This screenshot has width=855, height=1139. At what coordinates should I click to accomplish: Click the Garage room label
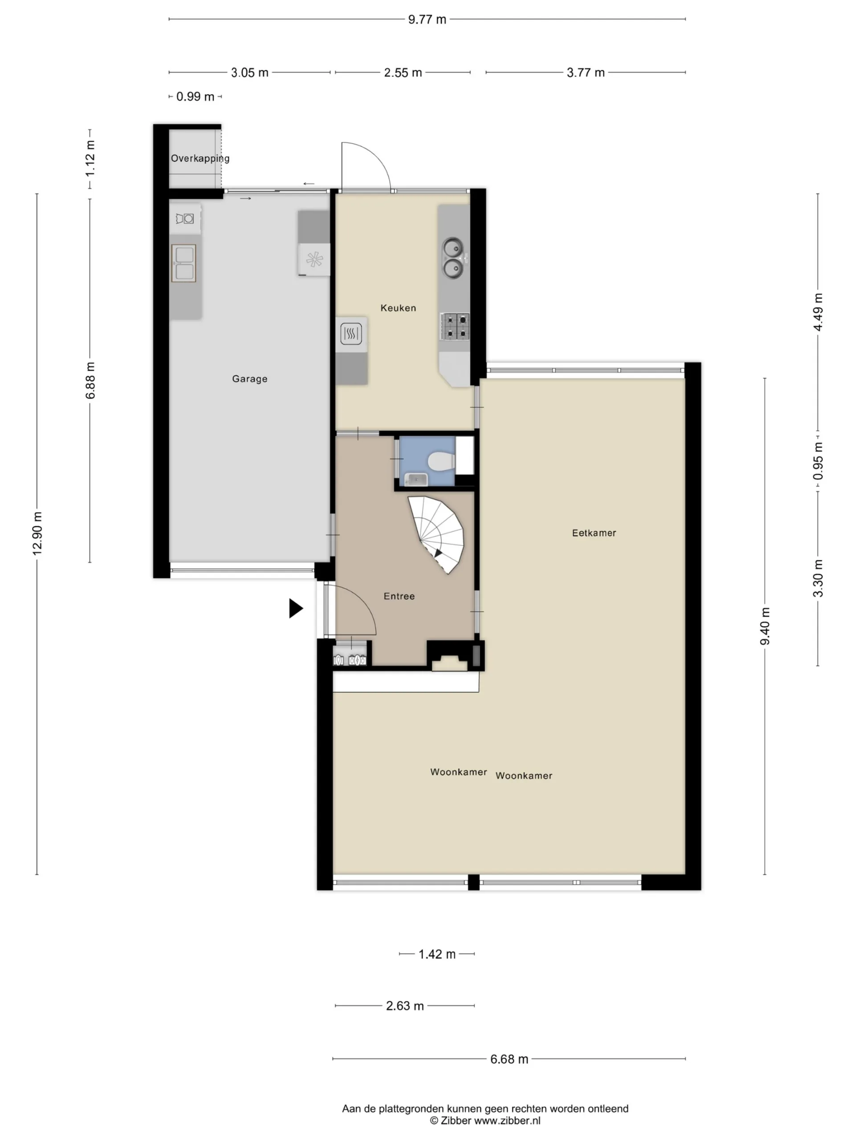pyautogui.click(x=249, y=379)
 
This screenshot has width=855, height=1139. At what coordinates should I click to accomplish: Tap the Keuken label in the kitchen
pyautogui.click(x=398, y=308)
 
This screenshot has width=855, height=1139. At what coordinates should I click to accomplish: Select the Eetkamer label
pyautogui.click(x=594, y=533)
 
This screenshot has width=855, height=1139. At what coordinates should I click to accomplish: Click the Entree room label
pyautogui.click(x=399, y=596)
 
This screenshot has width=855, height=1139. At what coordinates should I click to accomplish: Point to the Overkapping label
pyautogui.click(x=200, y=158)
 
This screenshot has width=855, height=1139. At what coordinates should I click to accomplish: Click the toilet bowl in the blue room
pyautogui.click(x=441, y=461)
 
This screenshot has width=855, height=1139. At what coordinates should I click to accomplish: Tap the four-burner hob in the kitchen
pyautogui.click(x=455, y=327)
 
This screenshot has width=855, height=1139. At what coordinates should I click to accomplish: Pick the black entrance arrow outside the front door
pyautogui.click(x=295, y=608)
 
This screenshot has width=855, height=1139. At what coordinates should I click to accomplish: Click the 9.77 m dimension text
pyautogui.click(x=427, y=20)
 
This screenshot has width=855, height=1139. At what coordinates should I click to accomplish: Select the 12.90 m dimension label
pyautogui.click(x=37, y=534)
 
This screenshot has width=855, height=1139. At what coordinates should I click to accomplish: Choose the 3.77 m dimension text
pyautogui.click(x=586, y=73)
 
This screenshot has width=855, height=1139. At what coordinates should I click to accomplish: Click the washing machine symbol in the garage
pyautogui.click(x=185, y=219)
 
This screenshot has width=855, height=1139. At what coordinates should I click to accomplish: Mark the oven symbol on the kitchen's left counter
pyautogui.click(x=351, y=334)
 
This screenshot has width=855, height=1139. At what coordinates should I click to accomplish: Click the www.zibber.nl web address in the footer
pyautogui.click(x=507, y=1120)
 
